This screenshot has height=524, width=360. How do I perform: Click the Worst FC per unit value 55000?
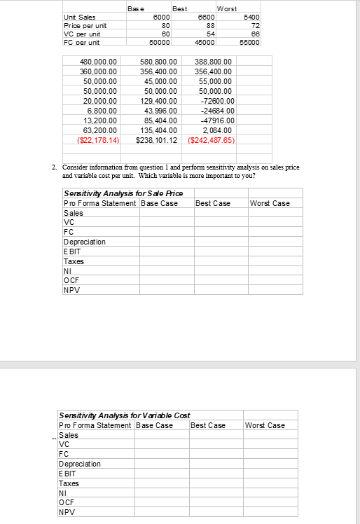249,42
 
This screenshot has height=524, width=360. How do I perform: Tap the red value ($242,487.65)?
213,140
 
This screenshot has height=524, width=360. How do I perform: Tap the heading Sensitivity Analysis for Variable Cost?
124,415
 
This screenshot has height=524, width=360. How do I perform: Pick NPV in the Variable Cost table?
68,511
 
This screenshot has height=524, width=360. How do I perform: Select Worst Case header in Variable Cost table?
265,425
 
